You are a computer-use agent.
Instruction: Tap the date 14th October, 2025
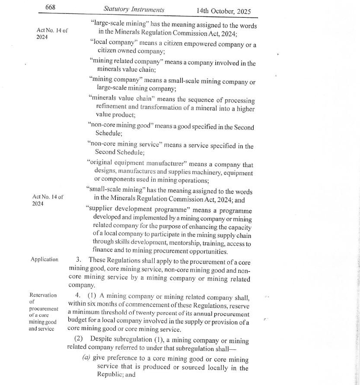click(223, 11)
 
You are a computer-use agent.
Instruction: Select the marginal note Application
click(45, 259)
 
